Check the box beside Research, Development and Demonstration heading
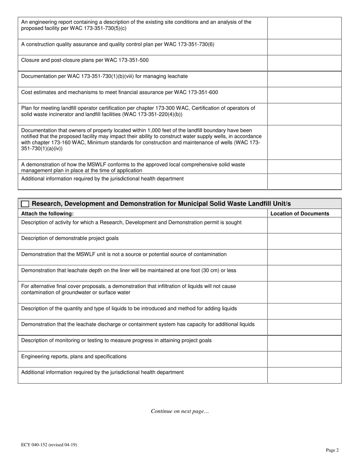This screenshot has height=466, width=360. point(25,204)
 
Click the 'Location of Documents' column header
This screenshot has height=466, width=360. point(300,213)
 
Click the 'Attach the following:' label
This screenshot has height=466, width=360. point(47,213)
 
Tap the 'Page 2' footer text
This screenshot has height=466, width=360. point(332,450)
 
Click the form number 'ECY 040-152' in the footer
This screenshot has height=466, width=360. point(36,445)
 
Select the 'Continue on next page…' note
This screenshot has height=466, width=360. point(180,411)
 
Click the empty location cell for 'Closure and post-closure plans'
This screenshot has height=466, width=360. point(304,63)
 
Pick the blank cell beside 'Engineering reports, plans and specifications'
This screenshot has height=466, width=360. point(304,359)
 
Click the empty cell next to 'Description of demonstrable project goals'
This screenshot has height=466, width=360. point(304,241)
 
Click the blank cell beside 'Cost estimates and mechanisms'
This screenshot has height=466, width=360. point(304,95)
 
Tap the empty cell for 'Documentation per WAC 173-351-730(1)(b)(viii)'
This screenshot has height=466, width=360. point(304,79)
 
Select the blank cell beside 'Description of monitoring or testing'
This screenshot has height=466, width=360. point(304,343)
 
